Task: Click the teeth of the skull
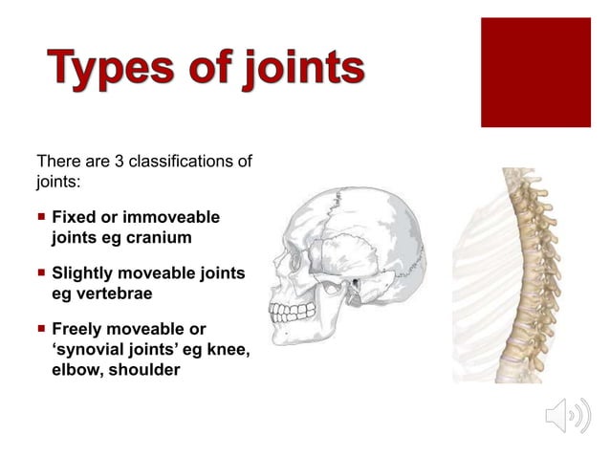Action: pyautogui.click(x=293, y=311)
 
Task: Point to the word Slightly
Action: pyautogui.click(x=83, y=274)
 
